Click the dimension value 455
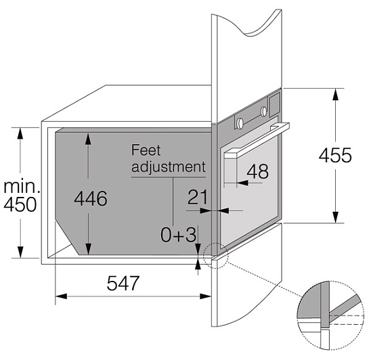(335, 155)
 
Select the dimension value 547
(123, 283)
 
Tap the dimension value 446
(91, 198)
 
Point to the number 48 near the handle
(258, 171)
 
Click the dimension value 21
(197, 197)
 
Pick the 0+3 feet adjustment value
(178, 235)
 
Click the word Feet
(146, 150)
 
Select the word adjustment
(169, 167)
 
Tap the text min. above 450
(21, 187)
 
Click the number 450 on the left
(20, 204)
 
